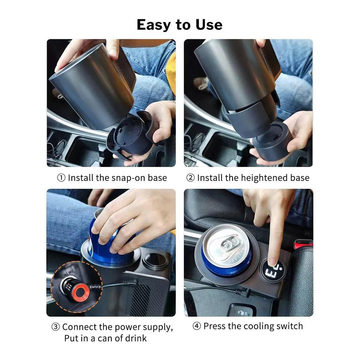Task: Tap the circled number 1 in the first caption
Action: pyautogui.click(x=61, y=178)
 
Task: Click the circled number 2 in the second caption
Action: pyautogui.click(x=190, y=178)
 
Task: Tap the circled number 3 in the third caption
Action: pyautogui.click(x=56, y=327)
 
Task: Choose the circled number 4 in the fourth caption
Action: pyautogui.click(x=197, y=326)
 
